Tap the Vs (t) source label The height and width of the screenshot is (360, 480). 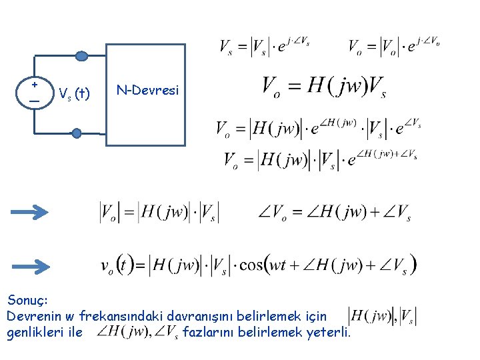pos(74,93)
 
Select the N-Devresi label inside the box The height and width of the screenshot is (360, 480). pos(147,89)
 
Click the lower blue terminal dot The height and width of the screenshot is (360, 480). pos(77,133)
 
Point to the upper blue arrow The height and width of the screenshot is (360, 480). pos(30,213)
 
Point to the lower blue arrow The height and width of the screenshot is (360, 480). pos(30,267)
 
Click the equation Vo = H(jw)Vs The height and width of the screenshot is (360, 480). pos(325,86)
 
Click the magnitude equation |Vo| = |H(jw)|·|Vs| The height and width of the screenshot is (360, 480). pos(159,213)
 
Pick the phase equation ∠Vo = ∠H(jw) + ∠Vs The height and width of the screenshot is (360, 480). pos(334,213)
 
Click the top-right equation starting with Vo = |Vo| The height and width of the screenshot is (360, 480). pos(393,46)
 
